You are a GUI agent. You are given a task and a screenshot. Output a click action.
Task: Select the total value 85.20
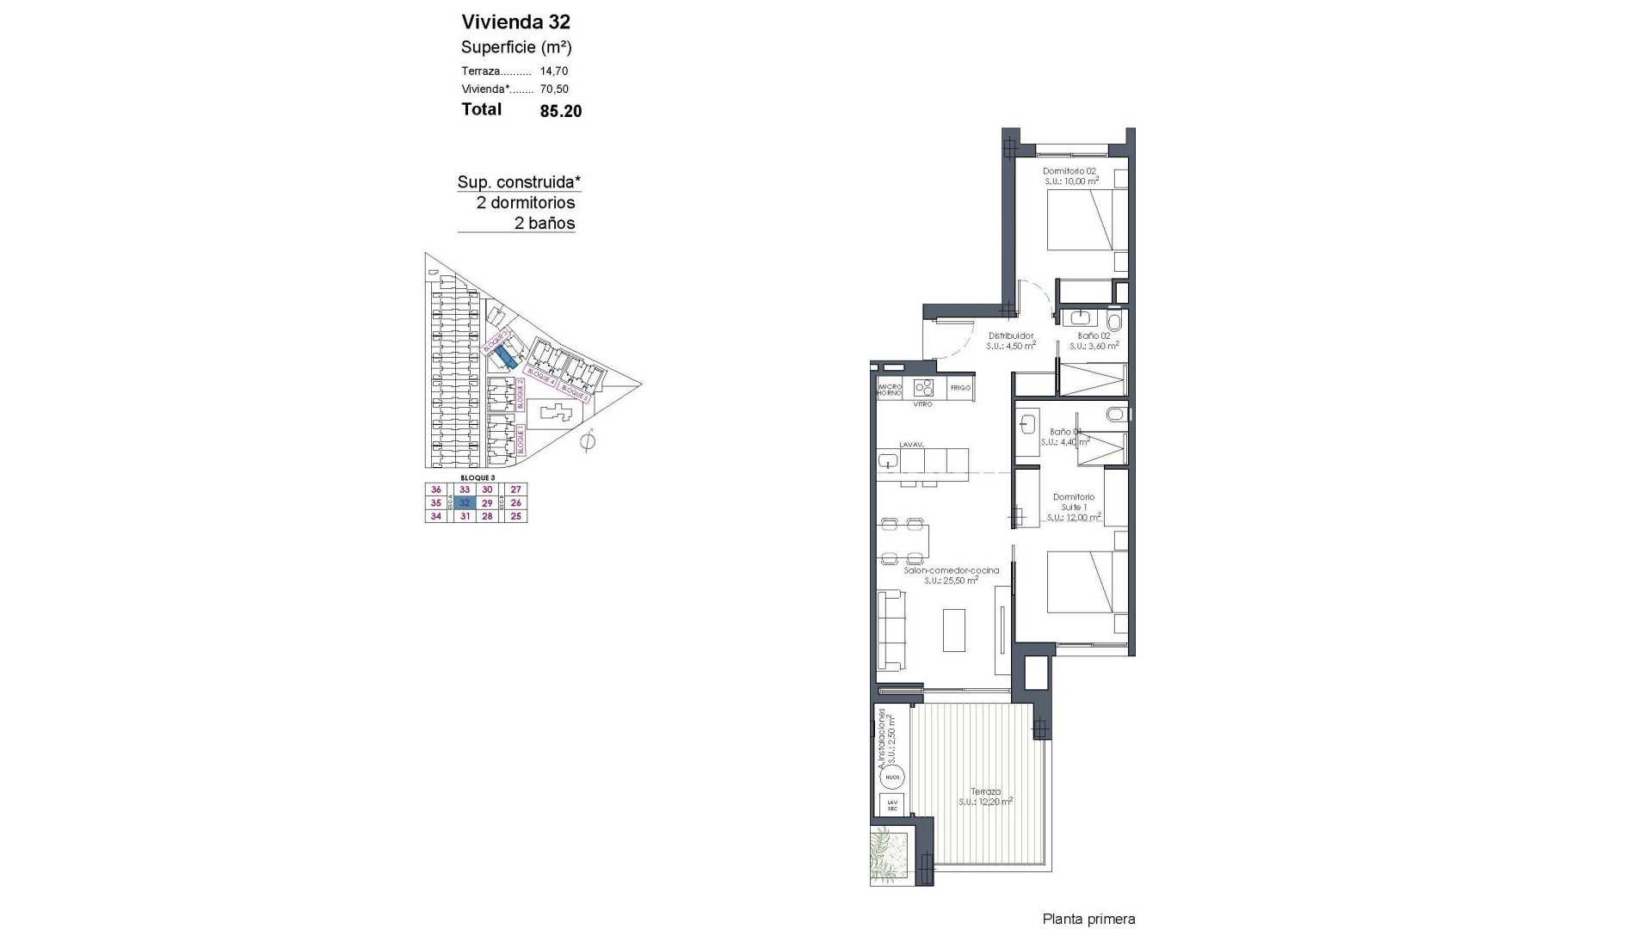[x=560, y=111]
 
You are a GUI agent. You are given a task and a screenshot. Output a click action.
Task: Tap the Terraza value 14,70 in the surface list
[x=554, y=71]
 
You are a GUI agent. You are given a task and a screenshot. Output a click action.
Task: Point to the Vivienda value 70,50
[x=554, y=89]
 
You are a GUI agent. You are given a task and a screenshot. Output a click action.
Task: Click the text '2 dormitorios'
[x=526, y=203]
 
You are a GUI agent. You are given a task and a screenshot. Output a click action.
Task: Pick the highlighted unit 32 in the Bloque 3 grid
[x=465, y=503]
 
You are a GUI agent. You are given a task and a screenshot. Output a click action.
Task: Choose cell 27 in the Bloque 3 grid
[x=516, y=489]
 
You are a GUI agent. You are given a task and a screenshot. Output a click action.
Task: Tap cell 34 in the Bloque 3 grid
[x=436, y=516]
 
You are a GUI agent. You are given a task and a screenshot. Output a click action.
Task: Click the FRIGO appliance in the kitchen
[x=960, y=388]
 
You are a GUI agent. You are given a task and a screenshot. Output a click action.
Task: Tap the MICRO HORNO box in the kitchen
[x=889, y=389]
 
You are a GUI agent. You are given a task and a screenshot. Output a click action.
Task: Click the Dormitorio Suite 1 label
[x=1074, y=502]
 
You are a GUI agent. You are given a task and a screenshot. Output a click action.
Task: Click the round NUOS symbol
[x=892, y=778]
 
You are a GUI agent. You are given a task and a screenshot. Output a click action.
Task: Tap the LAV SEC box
[x=892, y=806]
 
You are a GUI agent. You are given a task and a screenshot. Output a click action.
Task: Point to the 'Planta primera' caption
[x=1088, y=920]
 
